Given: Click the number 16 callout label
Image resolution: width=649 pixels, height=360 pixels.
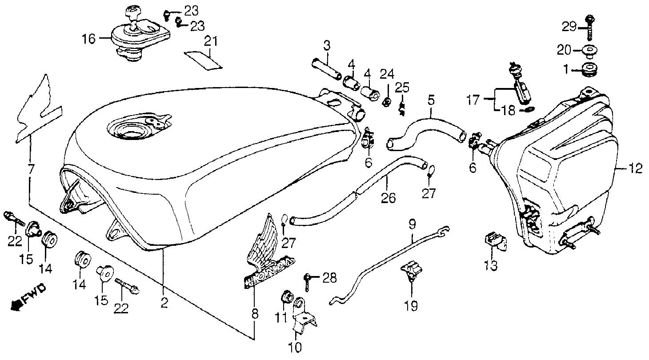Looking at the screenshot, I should pyautogui.click(x=88, y=39).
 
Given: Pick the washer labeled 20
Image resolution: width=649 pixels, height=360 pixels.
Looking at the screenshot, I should pyautogui.click(x=590, y=50).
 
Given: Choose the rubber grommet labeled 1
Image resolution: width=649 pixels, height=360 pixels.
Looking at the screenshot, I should pyautogui.click(x=589, y=70).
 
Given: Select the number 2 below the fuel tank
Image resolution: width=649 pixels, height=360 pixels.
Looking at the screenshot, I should pyautogui.click(x=164, y=303).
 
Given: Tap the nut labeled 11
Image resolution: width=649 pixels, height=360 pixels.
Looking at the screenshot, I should pyautogui.click(x=287, y=296).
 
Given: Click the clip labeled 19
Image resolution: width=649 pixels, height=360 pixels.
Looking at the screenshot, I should pyautogui.click(x=410, y=271).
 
